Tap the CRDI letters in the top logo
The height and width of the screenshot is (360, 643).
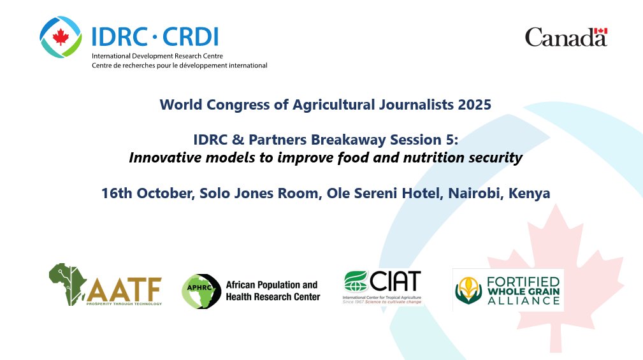pos(191,38)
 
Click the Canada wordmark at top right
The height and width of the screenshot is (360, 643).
pos(565,38)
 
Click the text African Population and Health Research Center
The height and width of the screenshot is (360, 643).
pos(273,291)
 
